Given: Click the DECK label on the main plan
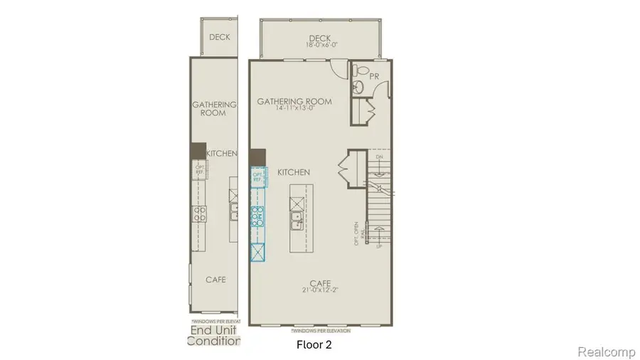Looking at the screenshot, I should [x=321, y=38].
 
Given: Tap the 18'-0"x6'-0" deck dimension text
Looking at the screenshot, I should [x=321, y=46].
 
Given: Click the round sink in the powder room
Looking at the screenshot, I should [x=359, y=87].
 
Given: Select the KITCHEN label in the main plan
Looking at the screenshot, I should [x=293, y=172].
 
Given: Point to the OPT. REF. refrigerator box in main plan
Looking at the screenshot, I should [x=257, y=175].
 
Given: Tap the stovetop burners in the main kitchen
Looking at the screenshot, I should [x=257, y=215].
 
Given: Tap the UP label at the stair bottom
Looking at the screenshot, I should [x=378, y=246].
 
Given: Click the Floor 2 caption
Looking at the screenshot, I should [x=314, y=345].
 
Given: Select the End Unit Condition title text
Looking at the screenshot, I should [x=213, y=335].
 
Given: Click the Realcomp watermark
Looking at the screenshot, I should [x=604, y=351].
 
